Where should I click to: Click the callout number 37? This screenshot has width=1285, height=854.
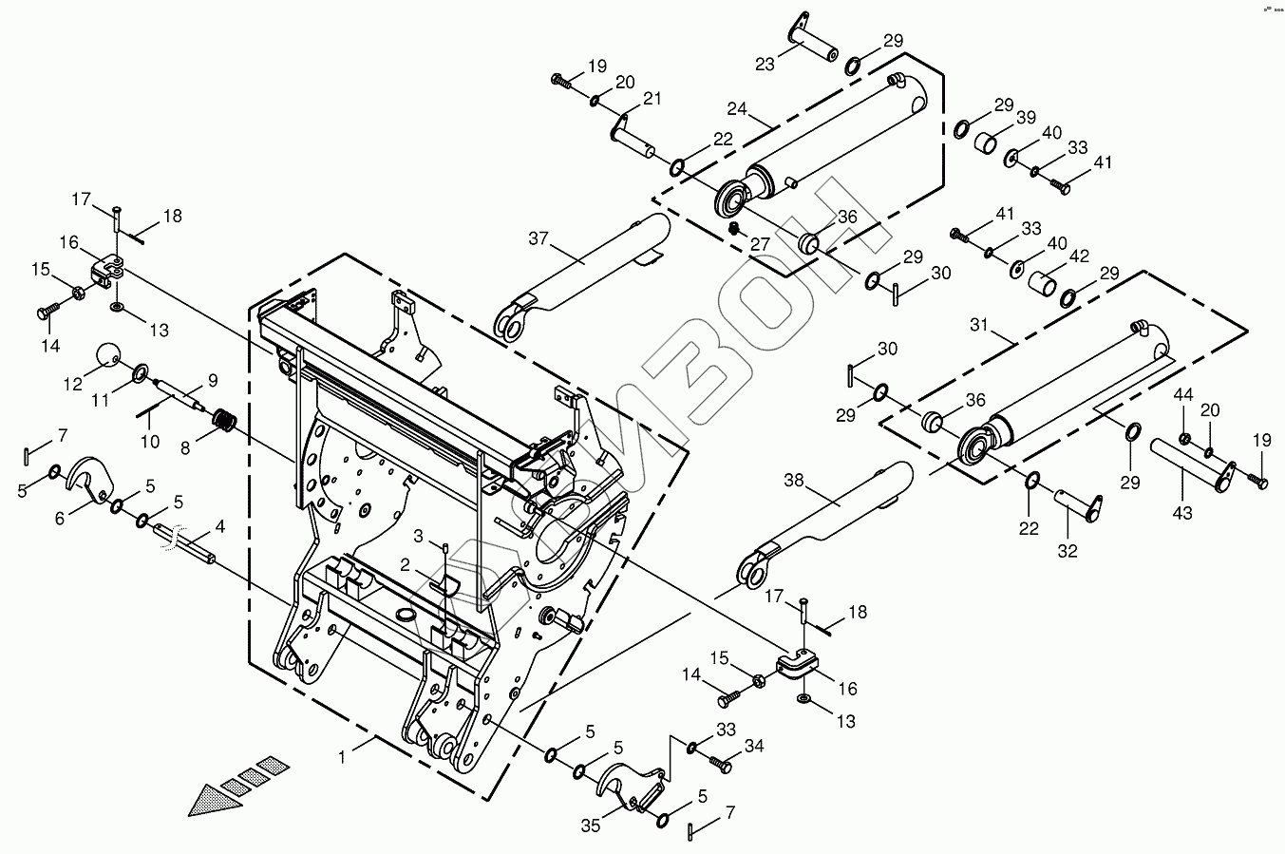[x=539, y=238]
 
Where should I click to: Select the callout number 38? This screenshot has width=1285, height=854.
[x=793, y=482]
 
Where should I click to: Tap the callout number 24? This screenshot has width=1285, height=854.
[x=739, y=107]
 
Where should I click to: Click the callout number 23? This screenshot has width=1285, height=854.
[x=765, y=64]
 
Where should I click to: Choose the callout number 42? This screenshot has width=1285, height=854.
[x=1079, y=256]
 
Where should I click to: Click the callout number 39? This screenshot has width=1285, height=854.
[x=1026, y=117]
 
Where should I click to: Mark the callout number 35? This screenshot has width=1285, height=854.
[x=591, y=826]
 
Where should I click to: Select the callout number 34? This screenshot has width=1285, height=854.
[x=753, y=747]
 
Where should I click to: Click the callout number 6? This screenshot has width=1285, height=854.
[x=60, y=518]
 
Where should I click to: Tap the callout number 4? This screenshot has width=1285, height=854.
[x=219, y=525]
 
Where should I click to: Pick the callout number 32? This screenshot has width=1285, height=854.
[x=1068, y=550]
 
